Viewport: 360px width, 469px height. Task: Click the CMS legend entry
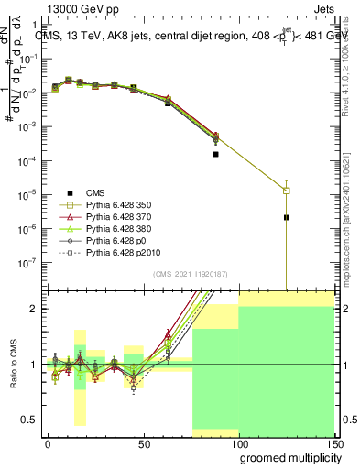pyautogui.click(x=95, y=192)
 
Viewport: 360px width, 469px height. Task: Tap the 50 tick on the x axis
pyautogui.click(x=143, y=444)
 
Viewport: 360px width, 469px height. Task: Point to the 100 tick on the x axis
pyautogui.click(x=238, y=444)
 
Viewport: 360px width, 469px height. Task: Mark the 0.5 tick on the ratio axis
pyautogui.click(x=29, y=420)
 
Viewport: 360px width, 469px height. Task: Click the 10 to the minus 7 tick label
pyautogui.click(x=27, y=262)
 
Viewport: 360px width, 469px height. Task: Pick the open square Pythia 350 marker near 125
pyautogui.click(x=287, y=191)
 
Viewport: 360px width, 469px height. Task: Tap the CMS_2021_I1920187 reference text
pyautogui.click(x=190, y=274)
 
